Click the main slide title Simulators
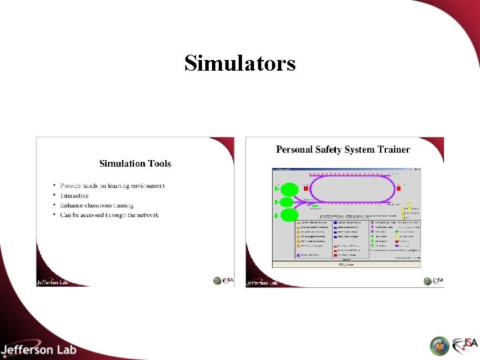(240, 63)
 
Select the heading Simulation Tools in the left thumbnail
(135, 163)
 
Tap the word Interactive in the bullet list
(74, 195)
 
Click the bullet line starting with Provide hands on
(112, 185)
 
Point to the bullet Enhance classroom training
(97, 205)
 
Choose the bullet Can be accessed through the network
(109, 215)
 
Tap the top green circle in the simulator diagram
(289, 189)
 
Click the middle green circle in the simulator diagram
(287, 202)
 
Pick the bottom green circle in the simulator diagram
(289, 215)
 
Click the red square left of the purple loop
(306, 189)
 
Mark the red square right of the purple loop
(399, 189)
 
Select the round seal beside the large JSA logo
(439, 345)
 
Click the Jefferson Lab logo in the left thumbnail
(53, 281)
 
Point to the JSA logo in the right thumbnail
(436, 281)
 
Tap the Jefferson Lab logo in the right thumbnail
(262, 282)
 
